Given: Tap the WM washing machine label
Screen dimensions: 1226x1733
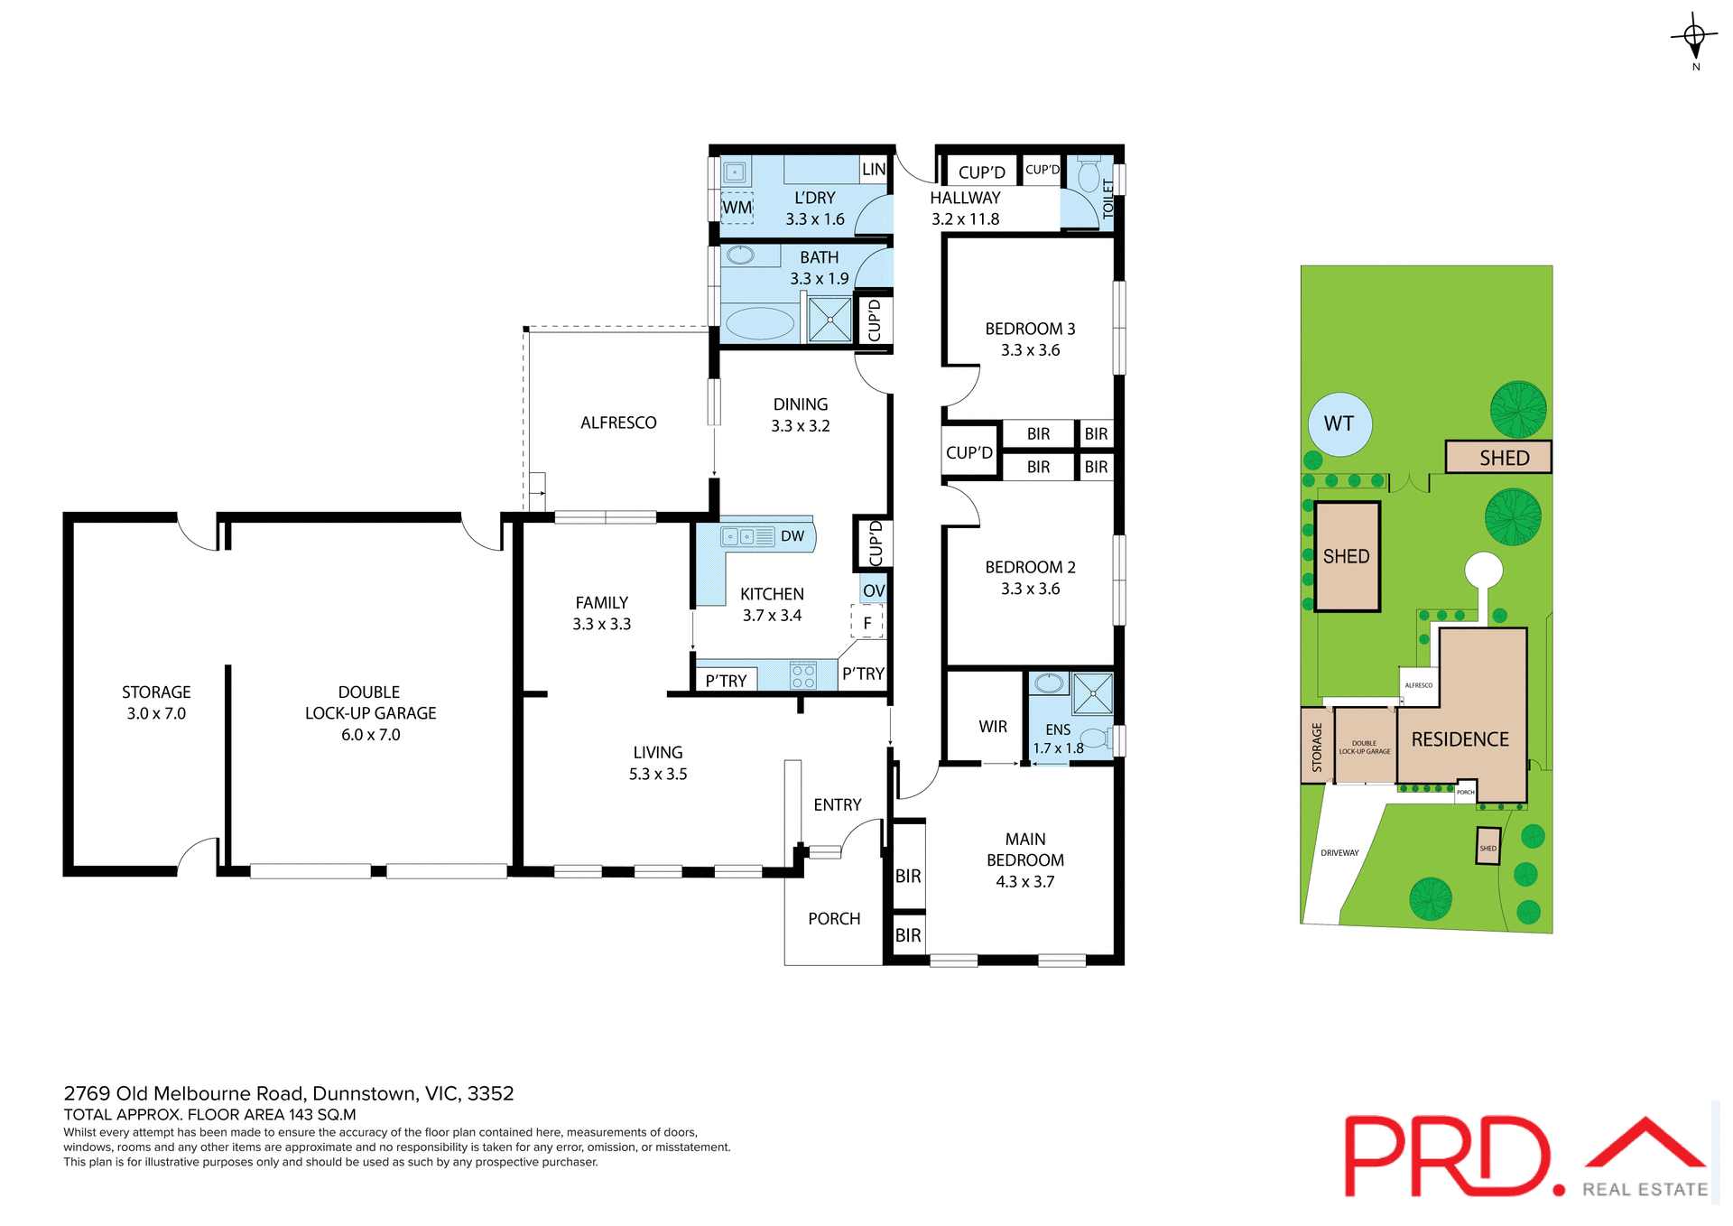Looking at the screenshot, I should coord(737,208).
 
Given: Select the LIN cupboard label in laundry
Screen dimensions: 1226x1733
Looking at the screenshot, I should coord(873,170).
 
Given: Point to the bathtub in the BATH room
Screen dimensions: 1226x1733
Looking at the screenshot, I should coord(760,323).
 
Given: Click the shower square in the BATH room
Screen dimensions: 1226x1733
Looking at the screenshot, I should coord(829,320).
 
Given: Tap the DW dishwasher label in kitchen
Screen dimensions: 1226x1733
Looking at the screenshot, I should coord(792,536).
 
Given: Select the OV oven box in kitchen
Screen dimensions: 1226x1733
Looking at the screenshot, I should coord(873,591).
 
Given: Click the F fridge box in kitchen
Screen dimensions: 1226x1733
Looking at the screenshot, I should coord(866,623).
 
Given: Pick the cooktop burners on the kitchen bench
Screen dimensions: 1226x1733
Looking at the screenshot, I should coord(802,675).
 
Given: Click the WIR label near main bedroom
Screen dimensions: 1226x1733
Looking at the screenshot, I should coord(992,727).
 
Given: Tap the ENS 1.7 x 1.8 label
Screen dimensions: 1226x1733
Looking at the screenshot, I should coord(1058,739).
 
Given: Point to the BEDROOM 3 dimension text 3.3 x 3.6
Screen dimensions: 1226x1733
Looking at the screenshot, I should coord(1030,350).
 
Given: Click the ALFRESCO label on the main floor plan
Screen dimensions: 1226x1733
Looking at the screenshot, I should coord(618,423).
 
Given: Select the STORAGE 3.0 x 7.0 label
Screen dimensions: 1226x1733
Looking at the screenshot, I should coord(156,702).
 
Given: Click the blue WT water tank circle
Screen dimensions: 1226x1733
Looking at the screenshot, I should coord(1339,424).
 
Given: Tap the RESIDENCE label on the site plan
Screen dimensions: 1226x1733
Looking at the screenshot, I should coord(1460,739).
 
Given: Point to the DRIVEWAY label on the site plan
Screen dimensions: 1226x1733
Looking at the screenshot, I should coord(1339,852).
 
